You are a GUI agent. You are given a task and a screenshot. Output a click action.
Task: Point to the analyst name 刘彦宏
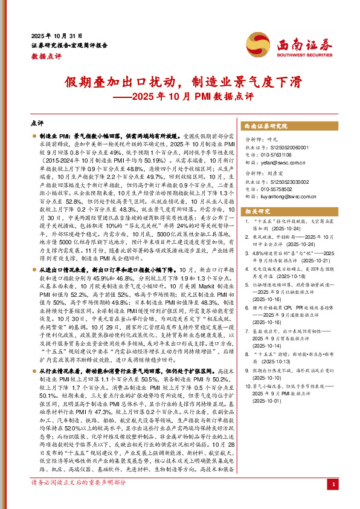(272, 172)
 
